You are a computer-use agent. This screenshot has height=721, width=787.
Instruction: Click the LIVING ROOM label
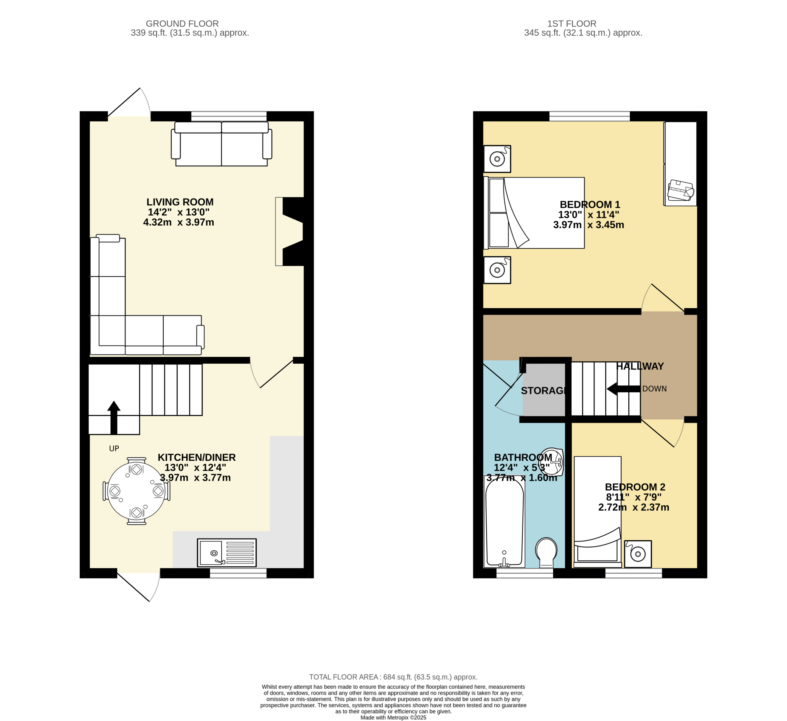tap(180, 202)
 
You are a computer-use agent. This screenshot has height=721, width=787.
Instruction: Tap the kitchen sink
tap(227, 553)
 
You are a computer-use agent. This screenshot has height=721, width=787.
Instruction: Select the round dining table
tap(136, 491)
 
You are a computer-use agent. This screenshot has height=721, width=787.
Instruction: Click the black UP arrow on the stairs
tap(114, 417)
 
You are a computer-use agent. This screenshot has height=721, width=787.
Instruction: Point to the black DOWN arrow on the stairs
tap(623, 389)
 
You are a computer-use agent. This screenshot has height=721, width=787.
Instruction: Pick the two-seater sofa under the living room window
tap(221, 144)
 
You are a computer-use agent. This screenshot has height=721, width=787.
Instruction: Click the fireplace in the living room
tap(289, 231)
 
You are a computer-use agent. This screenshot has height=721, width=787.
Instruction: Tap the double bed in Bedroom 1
tap(534, 213)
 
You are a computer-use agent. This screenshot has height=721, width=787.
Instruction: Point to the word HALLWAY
tap(640, 366)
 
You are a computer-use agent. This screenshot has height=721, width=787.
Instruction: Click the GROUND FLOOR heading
tap(182, 24)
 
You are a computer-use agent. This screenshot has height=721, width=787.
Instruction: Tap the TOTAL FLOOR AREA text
tap(393, 677)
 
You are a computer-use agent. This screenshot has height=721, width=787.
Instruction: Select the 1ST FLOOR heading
tap(572, 24)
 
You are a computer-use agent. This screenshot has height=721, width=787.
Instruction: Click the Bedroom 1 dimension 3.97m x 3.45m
tap(589, 225)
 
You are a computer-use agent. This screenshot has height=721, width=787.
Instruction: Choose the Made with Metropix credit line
tap(393, 718)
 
